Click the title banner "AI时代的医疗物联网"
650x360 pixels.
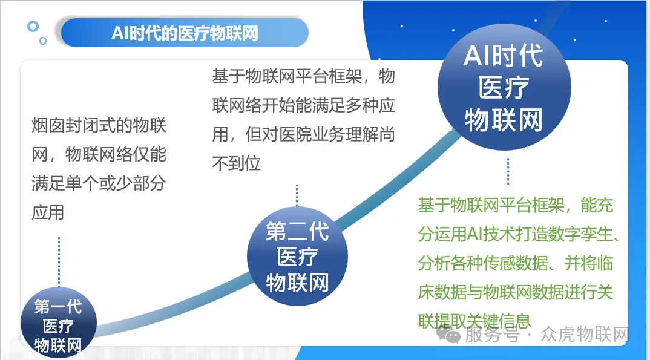tap(185, 33)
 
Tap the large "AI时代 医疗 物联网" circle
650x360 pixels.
tap(504, 87)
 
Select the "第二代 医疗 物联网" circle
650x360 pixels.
tap(297, 256)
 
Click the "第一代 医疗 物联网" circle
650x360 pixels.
tap(59, 324)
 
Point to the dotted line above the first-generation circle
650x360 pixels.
tap(59, 261)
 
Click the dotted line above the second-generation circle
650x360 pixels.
tap(297, 195)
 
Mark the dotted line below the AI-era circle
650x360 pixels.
tap(508, 171)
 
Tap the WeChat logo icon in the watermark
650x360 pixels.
tap(448, 334)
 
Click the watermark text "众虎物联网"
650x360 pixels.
tap(585, 334)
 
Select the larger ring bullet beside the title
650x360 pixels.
tap(33, 27)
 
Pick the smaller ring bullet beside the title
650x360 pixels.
tap(43, 41)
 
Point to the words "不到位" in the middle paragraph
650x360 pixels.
tap(237, 163)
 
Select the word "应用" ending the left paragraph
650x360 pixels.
tap(48, 212)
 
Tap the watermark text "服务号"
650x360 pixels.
tap(492, 334)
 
